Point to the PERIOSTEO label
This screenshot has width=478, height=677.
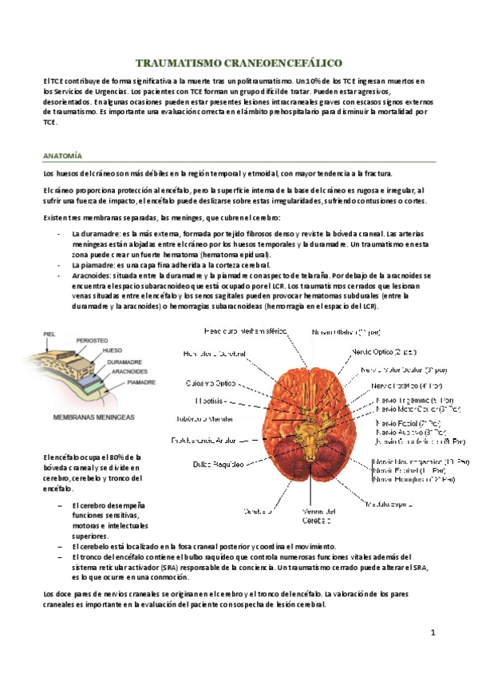(92, 340)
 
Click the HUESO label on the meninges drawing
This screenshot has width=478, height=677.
(112, 350)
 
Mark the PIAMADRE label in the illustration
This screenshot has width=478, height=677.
(141, 382)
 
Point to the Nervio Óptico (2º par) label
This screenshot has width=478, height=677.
(382, 351)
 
